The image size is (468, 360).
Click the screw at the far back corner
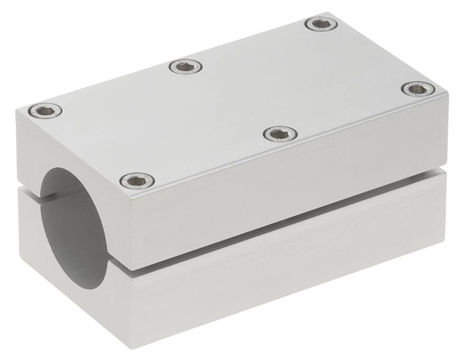tap(322, 24)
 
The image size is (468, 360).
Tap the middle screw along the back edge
tap(185, 67)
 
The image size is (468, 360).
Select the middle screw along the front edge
tap(280, 134)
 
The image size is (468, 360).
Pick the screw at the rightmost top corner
tap(418, 89)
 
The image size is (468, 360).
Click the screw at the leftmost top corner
tap(45, 110)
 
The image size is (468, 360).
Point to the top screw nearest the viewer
tap(137, 181)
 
